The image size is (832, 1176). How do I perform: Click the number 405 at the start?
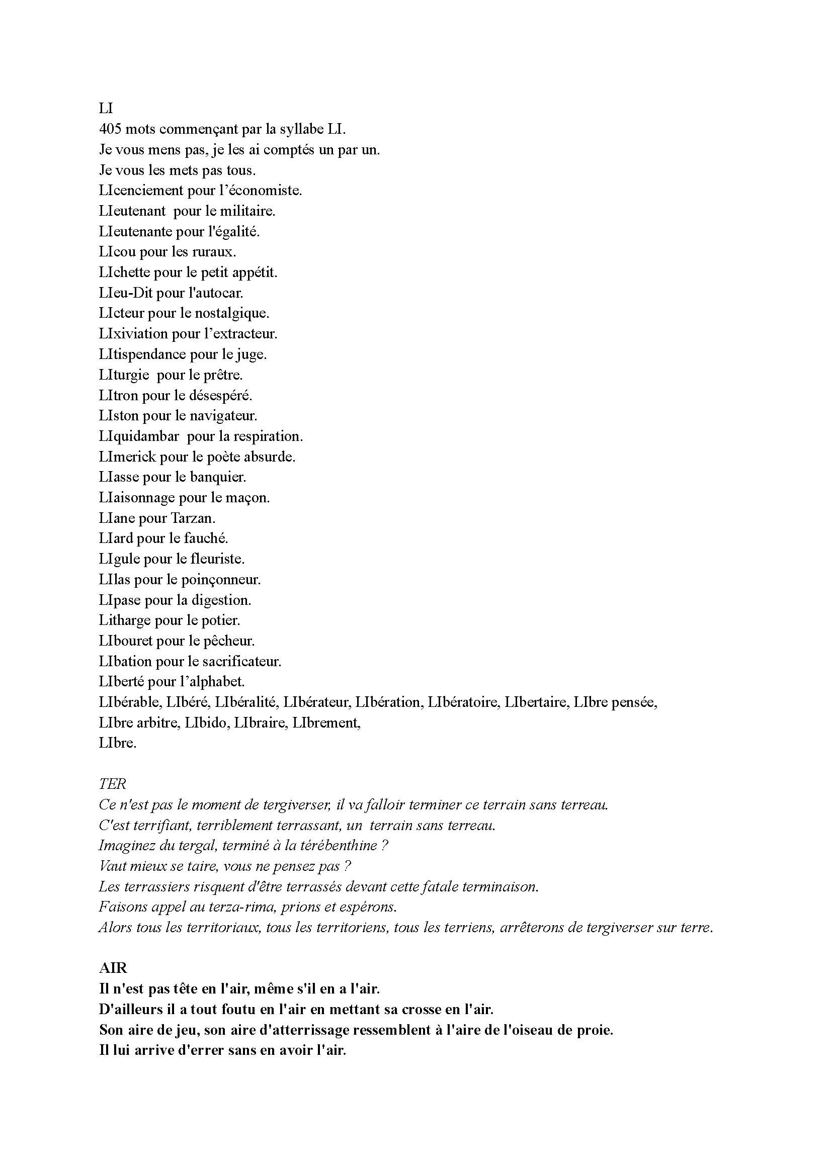110,129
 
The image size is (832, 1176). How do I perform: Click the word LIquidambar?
139,436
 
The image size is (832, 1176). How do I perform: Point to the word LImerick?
128,457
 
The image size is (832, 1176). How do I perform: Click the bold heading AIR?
113,968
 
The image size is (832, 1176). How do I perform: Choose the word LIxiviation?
134,334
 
